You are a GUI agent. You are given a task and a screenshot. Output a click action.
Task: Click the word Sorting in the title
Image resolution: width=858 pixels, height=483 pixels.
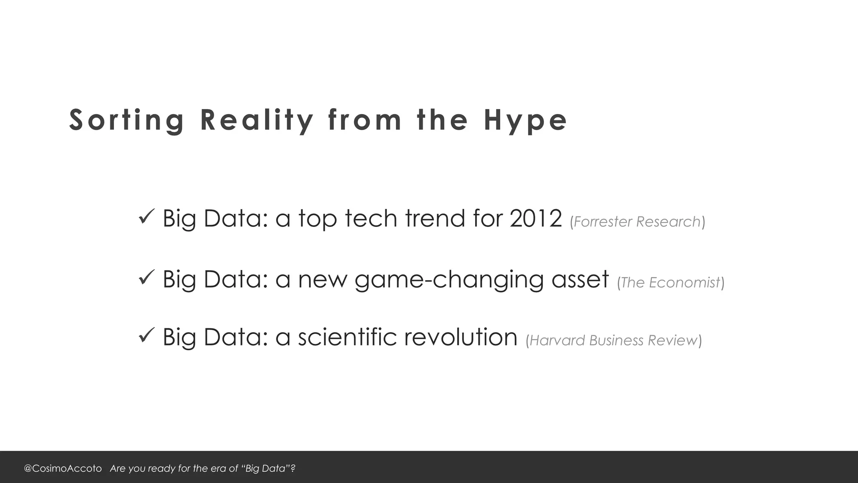pyautogui.click(x=127, y=120)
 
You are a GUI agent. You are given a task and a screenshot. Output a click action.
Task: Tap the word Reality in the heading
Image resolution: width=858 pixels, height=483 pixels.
pyautogui.click(x=257, y=120)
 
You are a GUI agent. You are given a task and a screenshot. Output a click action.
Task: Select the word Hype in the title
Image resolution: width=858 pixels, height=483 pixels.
pyautogui.click(x=525, y=120)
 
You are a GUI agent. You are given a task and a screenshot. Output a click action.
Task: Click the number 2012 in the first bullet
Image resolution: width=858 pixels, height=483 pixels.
pyautogui.click(x=536, y=218)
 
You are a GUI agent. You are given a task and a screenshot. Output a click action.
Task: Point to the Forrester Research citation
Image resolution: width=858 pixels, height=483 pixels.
pyautogui.click(x=637, y=221)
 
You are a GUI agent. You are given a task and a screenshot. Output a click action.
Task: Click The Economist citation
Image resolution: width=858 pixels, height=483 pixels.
pyautogui.click(x=670, y=283)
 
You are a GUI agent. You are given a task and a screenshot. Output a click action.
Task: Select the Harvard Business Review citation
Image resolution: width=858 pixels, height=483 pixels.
pyautogui.click(x=613, y=340)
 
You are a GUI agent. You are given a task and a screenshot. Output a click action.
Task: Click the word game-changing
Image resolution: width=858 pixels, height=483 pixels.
pyautogui.click(x=449, y=280)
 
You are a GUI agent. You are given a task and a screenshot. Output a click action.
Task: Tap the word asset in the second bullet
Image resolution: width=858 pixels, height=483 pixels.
pyautogui.click(x=580, y=279)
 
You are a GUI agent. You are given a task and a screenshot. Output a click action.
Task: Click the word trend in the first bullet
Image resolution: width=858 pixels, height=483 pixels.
pyautogui.click(x=435, y=218)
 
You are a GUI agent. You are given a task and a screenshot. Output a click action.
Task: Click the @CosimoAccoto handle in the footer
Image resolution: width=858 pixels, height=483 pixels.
pyautogui.click(x=63, y=468)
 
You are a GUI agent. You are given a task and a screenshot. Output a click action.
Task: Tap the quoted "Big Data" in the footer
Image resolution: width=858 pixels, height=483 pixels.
pyautogui.click(x=266, y=468)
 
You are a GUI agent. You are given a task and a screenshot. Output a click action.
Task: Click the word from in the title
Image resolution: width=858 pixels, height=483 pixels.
pyautogui.click(x=365, y=120)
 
